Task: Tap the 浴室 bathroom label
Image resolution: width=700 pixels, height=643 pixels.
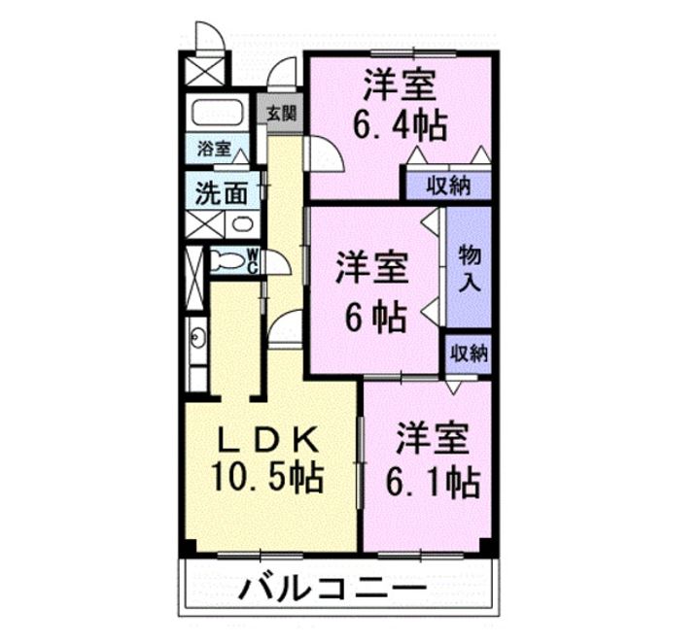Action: (214, 149)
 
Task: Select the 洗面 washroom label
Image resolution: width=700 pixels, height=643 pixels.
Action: (222, 192)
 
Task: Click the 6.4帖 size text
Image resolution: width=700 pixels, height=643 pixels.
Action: (400, 124)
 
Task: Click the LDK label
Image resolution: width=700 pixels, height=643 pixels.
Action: (266, 439)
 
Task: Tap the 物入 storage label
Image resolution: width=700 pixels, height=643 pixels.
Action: (469, 269)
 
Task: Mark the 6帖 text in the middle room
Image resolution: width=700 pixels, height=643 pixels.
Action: (372, 318)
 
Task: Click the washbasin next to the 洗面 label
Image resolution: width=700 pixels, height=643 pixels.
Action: (243, 224)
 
